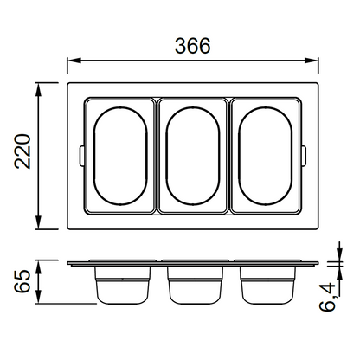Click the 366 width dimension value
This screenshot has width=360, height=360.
click(x=193, y=46)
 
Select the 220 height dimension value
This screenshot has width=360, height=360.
click(x=22, y=151)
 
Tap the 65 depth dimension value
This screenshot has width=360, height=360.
click(x=22, y=281)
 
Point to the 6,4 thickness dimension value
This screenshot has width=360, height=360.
click(x=328, y=297)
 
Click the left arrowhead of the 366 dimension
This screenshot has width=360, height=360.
click(x=74, y=61)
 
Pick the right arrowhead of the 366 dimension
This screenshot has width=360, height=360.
click(x=312, y=61)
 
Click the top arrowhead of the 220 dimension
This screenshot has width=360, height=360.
click(x=39, y=89)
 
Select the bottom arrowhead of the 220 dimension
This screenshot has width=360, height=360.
click(x=39, y=223)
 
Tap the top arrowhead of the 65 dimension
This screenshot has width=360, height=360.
click(x=39, y=267)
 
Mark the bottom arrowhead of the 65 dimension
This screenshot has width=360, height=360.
click(x=39, y=297)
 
